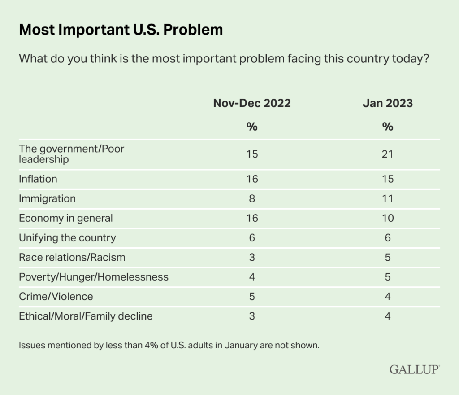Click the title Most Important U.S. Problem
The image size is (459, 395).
(x=121, y=30)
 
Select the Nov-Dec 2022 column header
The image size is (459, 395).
(x=252, y=103)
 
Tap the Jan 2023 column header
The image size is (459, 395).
(x=388, y=103)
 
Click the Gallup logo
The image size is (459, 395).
(x=415, y=369)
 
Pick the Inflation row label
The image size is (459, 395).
(x=38, y=179)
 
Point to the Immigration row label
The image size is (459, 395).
(x=47, y=198)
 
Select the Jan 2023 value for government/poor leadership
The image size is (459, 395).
(x=388, y=154)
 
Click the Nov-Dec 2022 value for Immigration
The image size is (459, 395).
(x=252, y=198)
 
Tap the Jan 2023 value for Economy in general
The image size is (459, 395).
(x=388, y=218)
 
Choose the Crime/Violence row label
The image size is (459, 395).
(x=56, y=296)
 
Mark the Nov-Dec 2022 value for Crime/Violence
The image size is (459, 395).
(x=252, y=296)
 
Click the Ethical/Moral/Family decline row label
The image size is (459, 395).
(x=86, y=316)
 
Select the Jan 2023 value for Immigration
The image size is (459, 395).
(x=388, y=198)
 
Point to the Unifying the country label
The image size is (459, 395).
(x=67, y=237)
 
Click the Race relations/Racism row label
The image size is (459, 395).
(x=72, y=257)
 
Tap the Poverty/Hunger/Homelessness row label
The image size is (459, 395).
(x=94, y=277)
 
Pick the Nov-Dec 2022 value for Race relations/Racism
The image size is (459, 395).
(x=252, y=257)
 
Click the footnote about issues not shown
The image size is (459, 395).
(x=169, y=346)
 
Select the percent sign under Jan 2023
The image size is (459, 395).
(x=388, y=127)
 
